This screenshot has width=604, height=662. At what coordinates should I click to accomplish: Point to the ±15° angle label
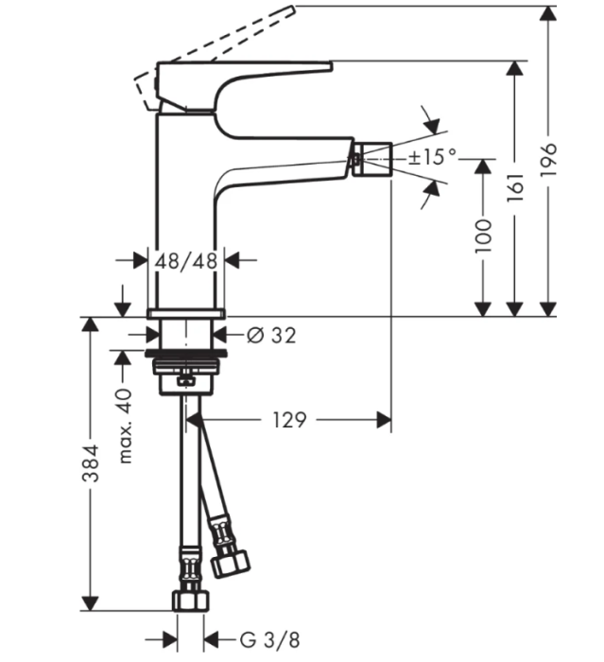point(434,157)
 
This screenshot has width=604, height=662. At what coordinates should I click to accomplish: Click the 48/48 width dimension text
point(187,259)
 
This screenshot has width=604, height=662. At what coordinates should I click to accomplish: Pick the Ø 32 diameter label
point(270,334)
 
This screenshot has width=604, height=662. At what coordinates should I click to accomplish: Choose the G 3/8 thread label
point(261,639)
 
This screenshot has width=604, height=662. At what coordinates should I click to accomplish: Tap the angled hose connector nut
point(230,560)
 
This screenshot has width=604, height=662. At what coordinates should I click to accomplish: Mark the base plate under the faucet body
point(187,311)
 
